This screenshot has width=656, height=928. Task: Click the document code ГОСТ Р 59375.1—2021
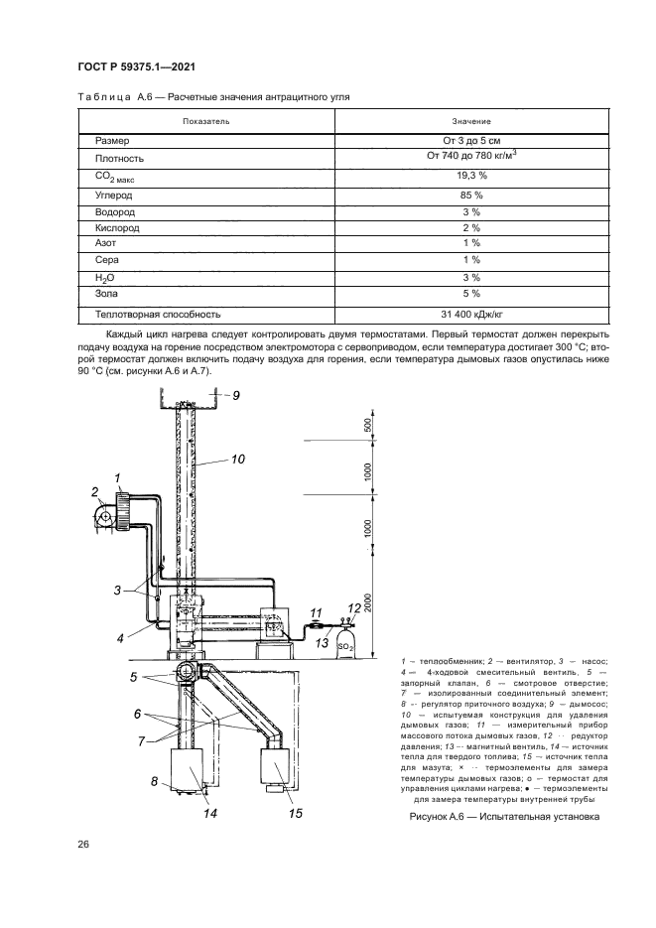pyautogui.click(x=135, y=66)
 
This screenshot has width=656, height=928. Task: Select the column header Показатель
pyautogui.click(x=205, y=121)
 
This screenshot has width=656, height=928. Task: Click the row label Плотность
pyautogui.click(x=119, y=158)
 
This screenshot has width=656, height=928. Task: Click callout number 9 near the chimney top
pyautogui.click(x=236, y=396)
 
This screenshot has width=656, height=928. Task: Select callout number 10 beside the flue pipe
pyautogui.click(x=237, y=459)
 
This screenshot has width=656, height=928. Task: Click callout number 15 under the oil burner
pyautogui.click(x=294, y=814)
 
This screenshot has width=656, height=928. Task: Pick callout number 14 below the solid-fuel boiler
pyautogui.click(x=210, y=813)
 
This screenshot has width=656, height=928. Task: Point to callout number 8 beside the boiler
pyautogui.click(x=155, y=781)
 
